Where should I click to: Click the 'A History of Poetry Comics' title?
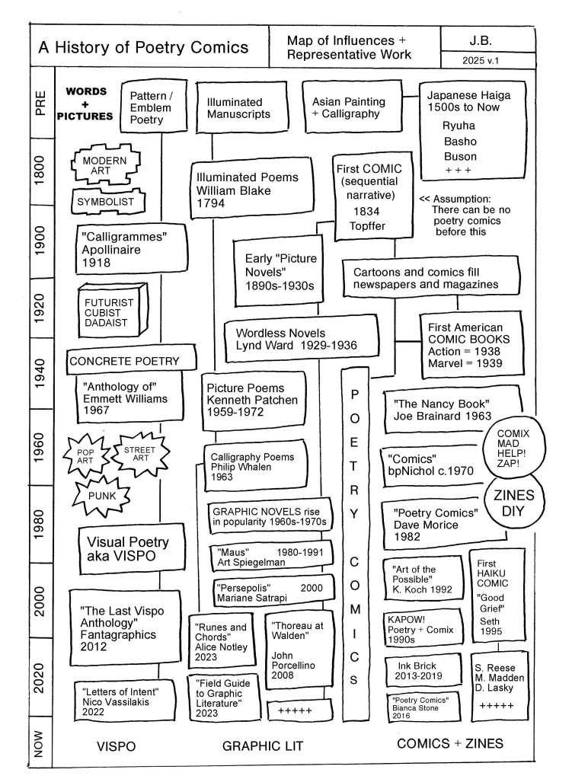coord(144,47)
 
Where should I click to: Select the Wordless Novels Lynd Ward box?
coord(300,339)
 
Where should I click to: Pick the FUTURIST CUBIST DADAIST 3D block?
coord(113,310)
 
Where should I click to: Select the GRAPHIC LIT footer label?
coord(264,746)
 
